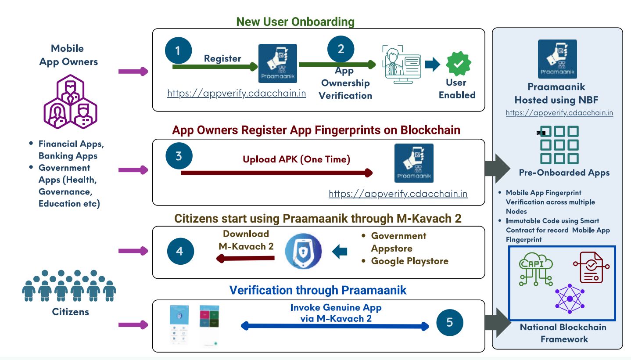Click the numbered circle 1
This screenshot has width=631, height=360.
[x=178, y=50]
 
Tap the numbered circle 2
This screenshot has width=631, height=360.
[x=341, y=49]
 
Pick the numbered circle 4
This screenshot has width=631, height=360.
[x=179, y=252]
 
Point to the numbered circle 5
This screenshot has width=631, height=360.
[x=450, y=323]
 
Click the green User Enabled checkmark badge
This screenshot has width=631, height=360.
[x=459, y=64]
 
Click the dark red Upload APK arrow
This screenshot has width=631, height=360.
[x=276, y=173]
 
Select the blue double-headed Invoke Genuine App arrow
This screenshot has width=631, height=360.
[x=335, y=326]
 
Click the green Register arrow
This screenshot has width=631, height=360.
[x=215, y=67]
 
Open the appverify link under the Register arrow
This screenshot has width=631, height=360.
[x=237, y=94]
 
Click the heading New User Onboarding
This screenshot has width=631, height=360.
[x=295, y=22]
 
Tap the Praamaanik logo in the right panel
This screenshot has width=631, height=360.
[x=557, y=59]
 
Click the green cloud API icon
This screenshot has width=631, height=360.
[x=535, y=270]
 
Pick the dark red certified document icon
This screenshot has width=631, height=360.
[x=591, y=267]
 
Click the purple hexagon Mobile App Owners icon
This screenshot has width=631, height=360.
[x=70, y=101]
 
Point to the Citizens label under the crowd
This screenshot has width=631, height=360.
[x=70, y=312]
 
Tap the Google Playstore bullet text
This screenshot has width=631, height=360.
[x=409, y=261]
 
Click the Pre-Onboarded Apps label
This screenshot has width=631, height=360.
[x=564, y=173]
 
